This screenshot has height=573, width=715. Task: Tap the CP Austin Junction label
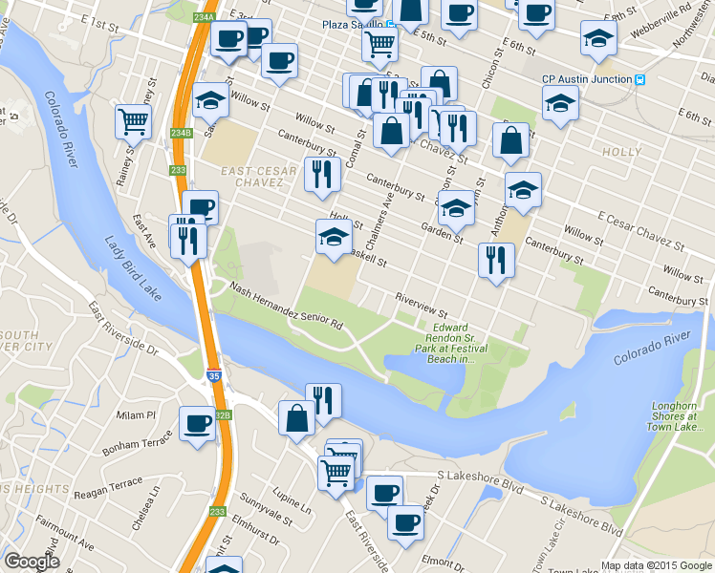(x=587, y=79)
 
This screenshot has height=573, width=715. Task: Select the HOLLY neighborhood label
(x=621, y=152)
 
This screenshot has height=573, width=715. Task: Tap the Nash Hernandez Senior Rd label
(x=286, y=306)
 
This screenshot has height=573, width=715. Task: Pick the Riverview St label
(x=422, y=306)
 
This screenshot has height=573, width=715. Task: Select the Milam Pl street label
(x=136, y=414)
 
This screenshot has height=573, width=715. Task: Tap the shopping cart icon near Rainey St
(x=133, y=120)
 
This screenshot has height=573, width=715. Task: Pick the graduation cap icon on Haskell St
(x=334, y=238)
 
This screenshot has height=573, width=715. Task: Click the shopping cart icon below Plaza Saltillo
(x=380, y=41)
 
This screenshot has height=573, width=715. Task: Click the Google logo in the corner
(x=31, y=562)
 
